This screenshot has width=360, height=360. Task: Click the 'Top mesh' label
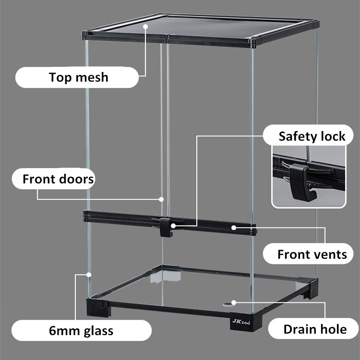tap(78, 77)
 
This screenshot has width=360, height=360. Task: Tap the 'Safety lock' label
tap(312, 136)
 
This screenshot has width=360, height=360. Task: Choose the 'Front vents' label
tap(312, 254)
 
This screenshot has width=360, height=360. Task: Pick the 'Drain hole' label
tap(314, 329)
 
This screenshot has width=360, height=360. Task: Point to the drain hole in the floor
tap(226, 303)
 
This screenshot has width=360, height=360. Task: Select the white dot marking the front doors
tap(162, 199)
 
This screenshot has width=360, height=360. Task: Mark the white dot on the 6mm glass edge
tap(89, 275)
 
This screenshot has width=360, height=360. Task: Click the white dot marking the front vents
tap(234, 227)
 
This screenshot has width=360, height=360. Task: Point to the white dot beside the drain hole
tap(234, 302)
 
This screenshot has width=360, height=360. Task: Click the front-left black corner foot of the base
tap(98, 307)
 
